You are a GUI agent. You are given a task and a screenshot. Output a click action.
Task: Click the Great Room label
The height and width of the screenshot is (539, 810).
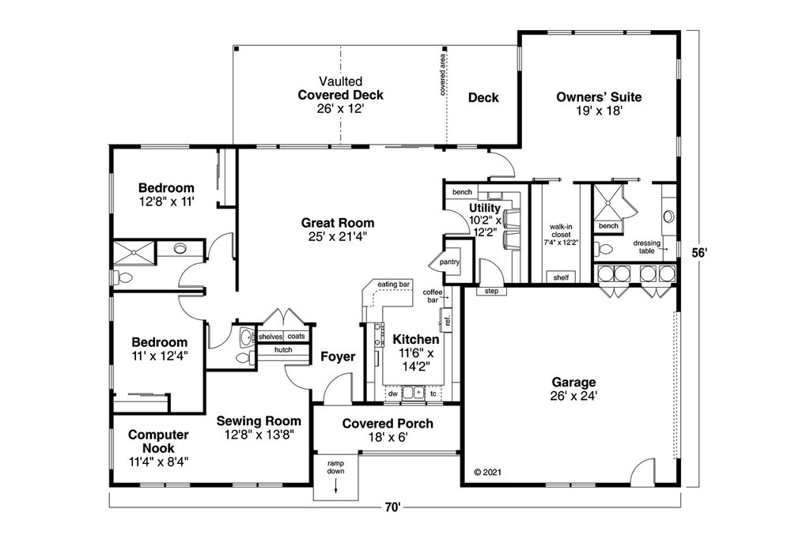[x=338, y=223]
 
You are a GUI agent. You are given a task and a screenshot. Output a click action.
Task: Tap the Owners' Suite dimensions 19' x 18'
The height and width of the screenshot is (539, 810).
[x=600, y=111]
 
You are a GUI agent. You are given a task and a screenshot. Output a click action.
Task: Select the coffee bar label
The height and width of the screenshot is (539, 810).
[x=432, y=296]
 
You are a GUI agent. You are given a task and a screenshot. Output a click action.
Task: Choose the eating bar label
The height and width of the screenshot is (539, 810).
[x=393, y=284]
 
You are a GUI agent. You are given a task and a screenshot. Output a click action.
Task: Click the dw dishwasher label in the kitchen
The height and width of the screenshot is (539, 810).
[x=392, y=393]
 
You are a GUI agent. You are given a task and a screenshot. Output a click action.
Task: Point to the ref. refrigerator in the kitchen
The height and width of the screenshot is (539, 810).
[x=447, y=320]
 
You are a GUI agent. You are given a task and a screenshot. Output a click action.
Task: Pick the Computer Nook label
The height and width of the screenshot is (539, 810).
[x=158, y=441]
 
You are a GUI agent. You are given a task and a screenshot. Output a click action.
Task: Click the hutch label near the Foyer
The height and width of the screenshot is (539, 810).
[x=283, y=349]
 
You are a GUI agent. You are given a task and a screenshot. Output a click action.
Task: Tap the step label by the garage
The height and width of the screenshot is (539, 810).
[x=491, y=291]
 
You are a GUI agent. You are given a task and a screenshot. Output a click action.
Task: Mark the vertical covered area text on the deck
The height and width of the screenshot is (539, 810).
[x=443, y=75]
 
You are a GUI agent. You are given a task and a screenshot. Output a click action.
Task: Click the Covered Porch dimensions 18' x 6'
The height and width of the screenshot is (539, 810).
[x=387, y=437]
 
